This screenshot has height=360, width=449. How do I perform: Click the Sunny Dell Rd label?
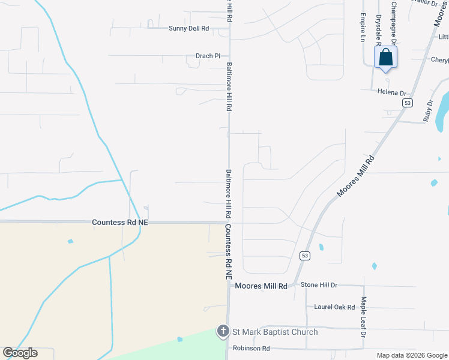pos(188,28)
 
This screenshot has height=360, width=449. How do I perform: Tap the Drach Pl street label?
pos(208,56)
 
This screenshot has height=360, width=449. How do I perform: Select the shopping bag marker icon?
pos(385,58)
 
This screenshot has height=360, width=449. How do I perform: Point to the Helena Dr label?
pos(392,93)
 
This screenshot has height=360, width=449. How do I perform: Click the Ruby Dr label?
pos(428,111)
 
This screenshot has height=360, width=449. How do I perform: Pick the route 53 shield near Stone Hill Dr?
pos(305,256)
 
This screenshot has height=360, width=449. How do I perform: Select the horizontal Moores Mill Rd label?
pos(261,286)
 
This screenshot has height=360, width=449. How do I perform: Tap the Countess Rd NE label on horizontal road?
pos(120,222)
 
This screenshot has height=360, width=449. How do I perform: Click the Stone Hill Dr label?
pos(319,285)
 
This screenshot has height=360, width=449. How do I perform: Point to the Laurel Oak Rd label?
pos(334,307)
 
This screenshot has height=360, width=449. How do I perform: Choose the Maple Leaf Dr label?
pos(363,316)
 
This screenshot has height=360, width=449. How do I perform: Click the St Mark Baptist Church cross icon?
pos(223,331)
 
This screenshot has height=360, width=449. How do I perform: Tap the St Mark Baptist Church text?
pos(275,332)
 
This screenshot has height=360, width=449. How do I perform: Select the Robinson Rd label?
pos(251,348)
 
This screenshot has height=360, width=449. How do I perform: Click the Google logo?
pos(20,353)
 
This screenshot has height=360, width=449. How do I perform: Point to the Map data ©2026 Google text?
pos(412,355)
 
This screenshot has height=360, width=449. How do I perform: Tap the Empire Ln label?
pos(363,28)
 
